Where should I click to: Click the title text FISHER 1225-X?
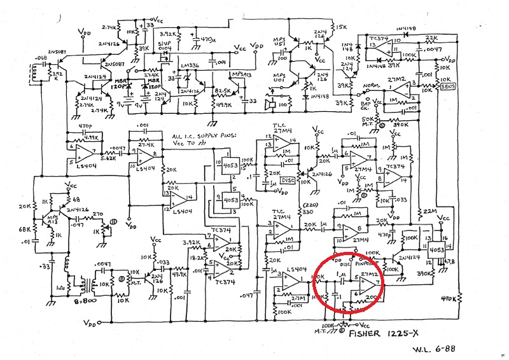[x=387, y=332]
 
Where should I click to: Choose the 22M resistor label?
[x=426, y=212]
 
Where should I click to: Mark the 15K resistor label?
[x=342, y=27]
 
